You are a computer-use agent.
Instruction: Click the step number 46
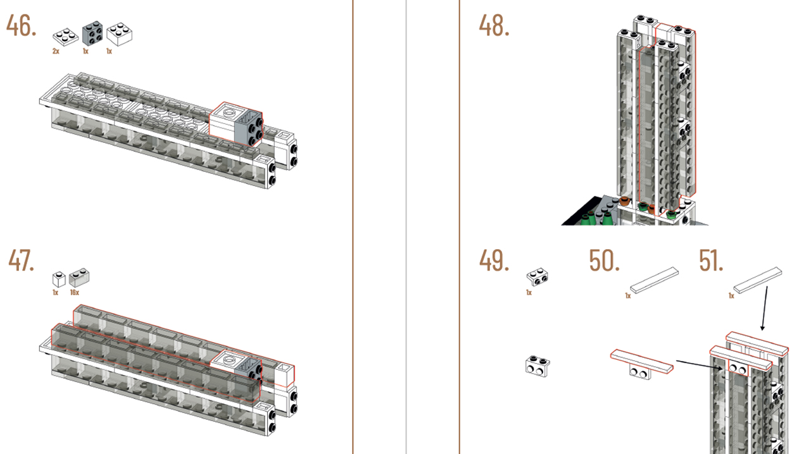pyautogui.click(x=21, y=26)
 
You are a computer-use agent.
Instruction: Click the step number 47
pyautogui.click(x=21, y=261)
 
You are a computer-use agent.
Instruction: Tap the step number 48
pyautogui.click(x=494, y=26)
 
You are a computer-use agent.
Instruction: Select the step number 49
pyautogui.click(x=494, y=261)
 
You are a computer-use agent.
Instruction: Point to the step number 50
pyautogui.click(x=604, y=261)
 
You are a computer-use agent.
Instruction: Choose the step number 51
pyautogui.click(x=711, y=261)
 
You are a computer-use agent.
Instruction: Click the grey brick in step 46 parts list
pyautogui.click(x=92, y=34)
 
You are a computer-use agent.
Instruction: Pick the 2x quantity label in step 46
pyautogui.click(x=56, y=51)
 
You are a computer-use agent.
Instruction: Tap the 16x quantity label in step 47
pyautogui.click(x=75, y=292)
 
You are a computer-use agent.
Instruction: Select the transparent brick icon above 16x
pyautogui.click(x=79, y=278)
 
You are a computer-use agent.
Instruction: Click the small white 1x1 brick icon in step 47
pyautogui.click(x=59, y=279)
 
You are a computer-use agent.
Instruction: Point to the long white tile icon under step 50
pyautogui.click(x=654, y=280)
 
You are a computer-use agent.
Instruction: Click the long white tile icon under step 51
pyautogui.click(x=757, y=280)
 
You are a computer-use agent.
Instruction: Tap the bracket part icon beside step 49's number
pyautogui.click(x=537, y=277)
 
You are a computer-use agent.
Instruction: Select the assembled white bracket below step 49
pyautogui.click(x=538, y=366)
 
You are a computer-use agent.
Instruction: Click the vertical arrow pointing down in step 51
pyautogui.click(x=764, y=309)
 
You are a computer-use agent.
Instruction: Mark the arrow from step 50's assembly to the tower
pyautogui.click(x=700, y=365)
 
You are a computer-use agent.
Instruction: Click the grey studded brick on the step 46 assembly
pyautogui.click(x=249, y=128)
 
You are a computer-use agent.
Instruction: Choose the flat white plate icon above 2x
pyautogui.click(x=66, y=37)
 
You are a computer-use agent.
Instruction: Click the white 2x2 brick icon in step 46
pyautogui.click(x=120, y=34)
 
